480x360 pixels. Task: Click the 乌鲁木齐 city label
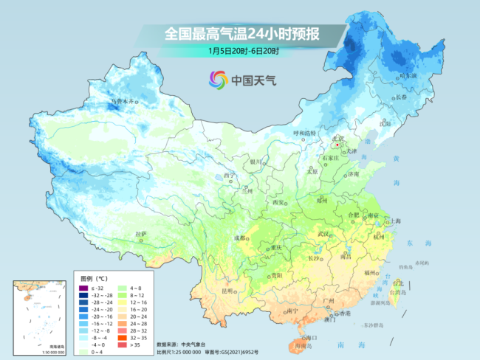[123, 100]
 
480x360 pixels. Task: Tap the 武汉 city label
[323, 234]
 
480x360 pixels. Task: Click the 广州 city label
[330, 302]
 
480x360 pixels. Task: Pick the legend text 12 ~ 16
[138, 302]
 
